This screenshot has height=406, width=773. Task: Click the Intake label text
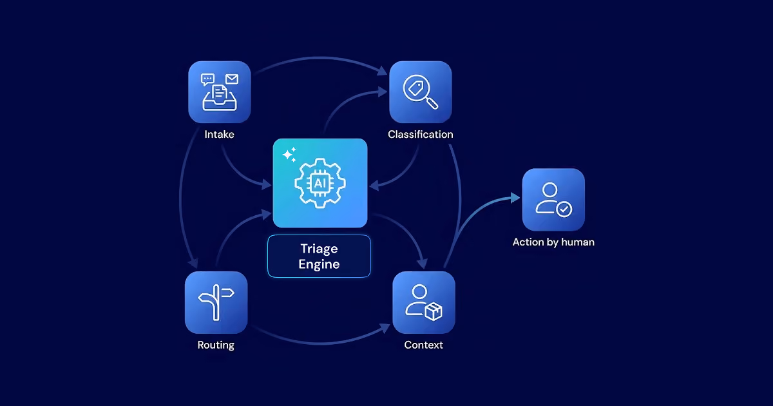pos(219,134)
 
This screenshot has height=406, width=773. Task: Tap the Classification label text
pos(420,134)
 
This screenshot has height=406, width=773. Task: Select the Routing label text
pos(216,345)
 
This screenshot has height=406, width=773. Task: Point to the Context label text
pos(423,345)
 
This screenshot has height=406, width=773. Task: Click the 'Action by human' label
pos(553,242)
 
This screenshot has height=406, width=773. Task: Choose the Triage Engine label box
pos(320,256)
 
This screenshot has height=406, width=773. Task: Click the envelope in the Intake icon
pos(232,79)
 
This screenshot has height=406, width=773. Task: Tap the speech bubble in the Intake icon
pos(207,80)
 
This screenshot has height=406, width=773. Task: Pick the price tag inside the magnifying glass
pos(416,88)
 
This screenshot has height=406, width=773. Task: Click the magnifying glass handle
pos(432,103)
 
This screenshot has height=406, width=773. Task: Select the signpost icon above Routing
pos(216,302)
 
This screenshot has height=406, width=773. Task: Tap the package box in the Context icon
pos(434,311)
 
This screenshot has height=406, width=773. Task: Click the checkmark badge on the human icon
pos(564,209)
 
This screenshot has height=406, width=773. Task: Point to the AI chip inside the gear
pos(320,183)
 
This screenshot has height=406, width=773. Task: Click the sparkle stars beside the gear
pos(289,155)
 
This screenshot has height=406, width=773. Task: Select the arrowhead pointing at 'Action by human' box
pos(515,198)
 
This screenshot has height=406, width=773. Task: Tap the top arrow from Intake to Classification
pos(321,59)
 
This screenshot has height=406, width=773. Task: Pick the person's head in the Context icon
pos(419,292)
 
